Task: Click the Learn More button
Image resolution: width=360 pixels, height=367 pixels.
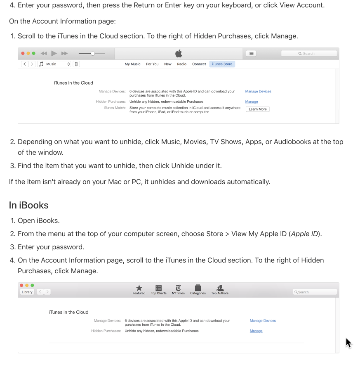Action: point(258,109)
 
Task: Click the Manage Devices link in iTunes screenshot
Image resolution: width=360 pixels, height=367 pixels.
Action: point(258,91)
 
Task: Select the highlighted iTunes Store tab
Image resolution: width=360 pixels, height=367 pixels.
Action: point(222,64)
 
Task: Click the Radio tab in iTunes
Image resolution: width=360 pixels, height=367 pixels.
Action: point(182,64)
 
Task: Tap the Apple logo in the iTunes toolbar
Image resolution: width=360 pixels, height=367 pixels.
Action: point(179,53)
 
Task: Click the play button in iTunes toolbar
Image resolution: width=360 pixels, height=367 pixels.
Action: point(54,53)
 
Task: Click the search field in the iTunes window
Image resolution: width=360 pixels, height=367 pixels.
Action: point(309,53)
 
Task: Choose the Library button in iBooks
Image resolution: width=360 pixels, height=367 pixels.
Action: point(27,292)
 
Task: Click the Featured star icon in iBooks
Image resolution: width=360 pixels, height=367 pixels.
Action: point(139,288)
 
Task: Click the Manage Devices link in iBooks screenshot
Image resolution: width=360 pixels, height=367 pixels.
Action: point(263,320)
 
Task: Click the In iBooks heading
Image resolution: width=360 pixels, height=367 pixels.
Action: point(29,205)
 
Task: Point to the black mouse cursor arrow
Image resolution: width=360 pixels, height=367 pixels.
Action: point(348,343)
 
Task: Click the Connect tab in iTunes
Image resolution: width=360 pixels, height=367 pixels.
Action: point(199,64)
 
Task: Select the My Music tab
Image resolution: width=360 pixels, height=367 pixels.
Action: point(132,64)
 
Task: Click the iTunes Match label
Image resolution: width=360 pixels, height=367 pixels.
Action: point(115,108)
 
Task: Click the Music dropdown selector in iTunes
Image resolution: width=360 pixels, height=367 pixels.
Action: point(54,64)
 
